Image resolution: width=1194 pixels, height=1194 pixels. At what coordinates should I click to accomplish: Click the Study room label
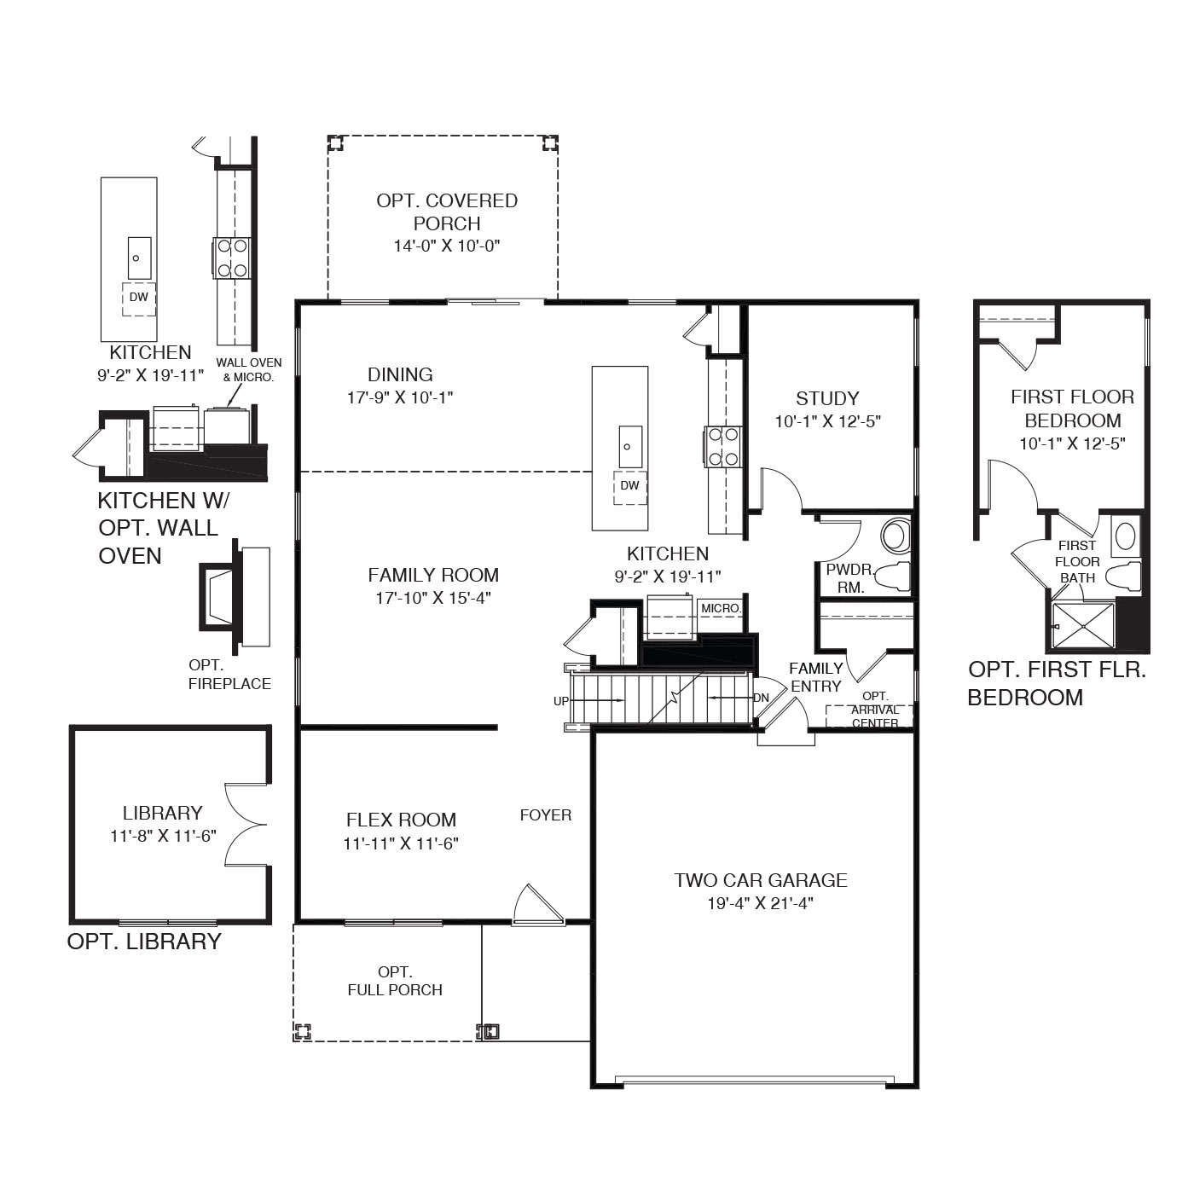[x=827, y=398]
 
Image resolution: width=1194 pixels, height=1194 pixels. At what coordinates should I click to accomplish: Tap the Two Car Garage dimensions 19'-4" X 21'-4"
[x=760, y=903]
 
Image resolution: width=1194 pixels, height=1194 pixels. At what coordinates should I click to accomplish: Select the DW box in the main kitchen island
[x=629, y=487]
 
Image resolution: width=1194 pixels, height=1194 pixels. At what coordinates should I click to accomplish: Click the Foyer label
[x=545, y=814]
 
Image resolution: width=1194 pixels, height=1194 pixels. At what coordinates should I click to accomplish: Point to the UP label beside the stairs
[x=560, y=701]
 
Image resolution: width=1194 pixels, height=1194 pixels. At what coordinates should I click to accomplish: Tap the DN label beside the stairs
[x=761, y=698]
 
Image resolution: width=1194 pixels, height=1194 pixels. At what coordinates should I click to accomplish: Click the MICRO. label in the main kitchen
[x=721, y=608]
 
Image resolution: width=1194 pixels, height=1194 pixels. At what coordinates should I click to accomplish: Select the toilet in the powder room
[x=894, y=577]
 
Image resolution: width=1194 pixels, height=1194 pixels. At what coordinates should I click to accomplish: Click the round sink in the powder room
[x=895, y=536]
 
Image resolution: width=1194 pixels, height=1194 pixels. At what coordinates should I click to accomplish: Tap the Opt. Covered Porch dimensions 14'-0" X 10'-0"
[x=447, y=246]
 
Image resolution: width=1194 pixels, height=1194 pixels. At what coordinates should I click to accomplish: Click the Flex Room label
[x=401, y=820]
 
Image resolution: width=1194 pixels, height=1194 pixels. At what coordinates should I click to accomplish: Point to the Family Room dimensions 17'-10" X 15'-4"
[x=433, y=598]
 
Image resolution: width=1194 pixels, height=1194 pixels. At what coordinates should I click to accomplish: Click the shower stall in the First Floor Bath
[x=1083, y=626]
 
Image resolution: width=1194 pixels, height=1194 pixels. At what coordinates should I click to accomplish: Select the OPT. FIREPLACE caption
[x=230, y=674]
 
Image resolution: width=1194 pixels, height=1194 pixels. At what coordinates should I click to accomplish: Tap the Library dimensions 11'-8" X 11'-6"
[x=163, y=836]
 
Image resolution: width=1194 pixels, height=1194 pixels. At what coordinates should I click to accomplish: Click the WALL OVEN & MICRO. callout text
[x=248, y=369]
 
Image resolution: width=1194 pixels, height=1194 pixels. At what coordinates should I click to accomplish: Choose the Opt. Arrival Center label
[x=875, y=710]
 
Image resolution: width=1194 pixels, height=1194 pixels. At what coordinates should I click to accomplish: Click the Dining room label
[x=400, y=374]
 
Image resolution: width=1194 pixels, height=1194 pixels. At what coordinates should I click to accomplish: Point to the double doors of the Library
[x=246, y=824]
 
